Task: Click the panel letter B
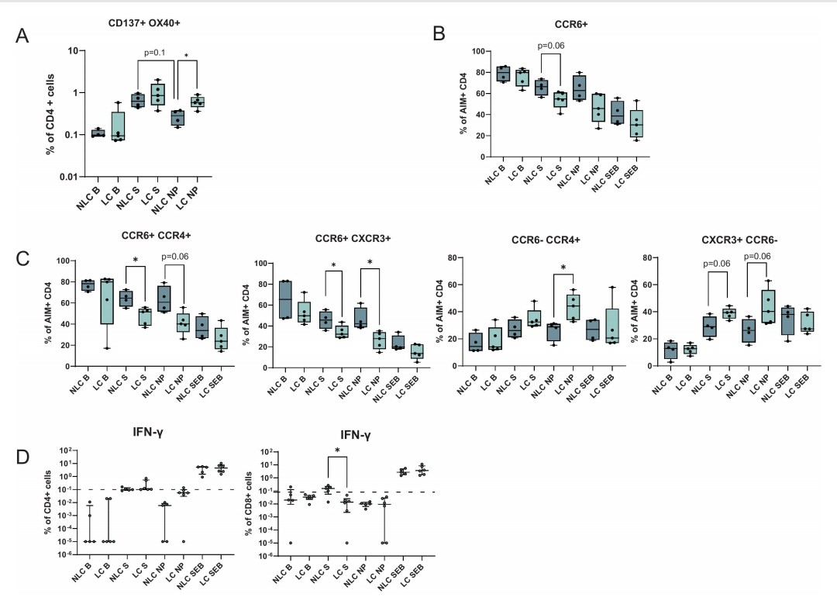tap(439, 35)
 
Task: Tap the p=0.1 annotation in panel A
tap(156, 53)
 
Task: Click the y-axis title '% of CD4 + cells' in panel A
tap(49, 114)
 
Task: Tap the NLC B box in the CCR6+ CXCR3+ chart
tap(285, 299)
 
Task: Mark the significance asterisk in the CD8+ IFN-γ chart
tap(338, 450)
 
